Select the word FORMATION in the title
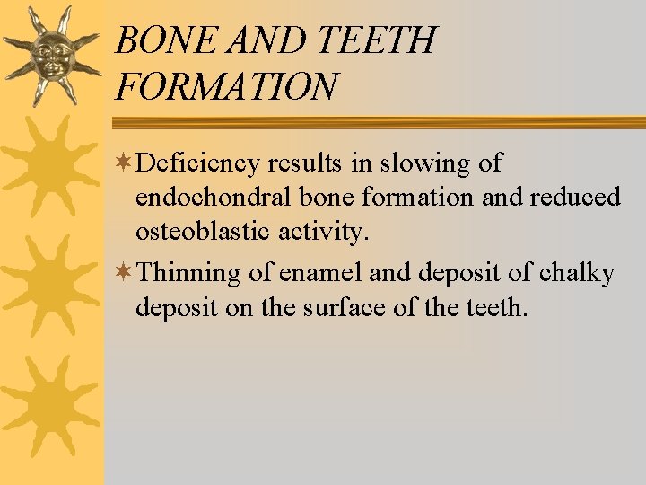(227, 87)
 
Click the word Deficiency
(199, 163)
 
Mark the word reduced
(575, 198)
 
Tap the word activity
(326, 232)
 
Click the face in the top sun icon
(51, 56)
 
